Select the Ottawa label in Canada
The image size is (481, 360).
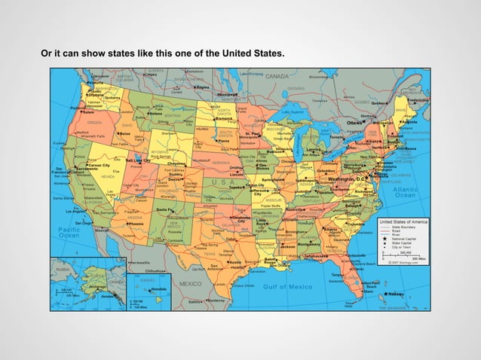[354, 121]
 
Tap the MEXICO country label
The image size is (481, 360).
[190, 284]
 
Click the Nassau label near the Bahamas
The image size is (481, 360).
[397, 294]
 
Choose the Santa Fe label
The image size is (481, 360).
[166, 209]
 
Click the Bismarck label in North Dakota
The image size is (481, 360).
[225, 118]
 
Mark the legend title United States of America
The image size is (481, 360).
[403, 222]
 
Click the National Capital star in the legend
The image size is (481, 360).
[384, 237]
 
